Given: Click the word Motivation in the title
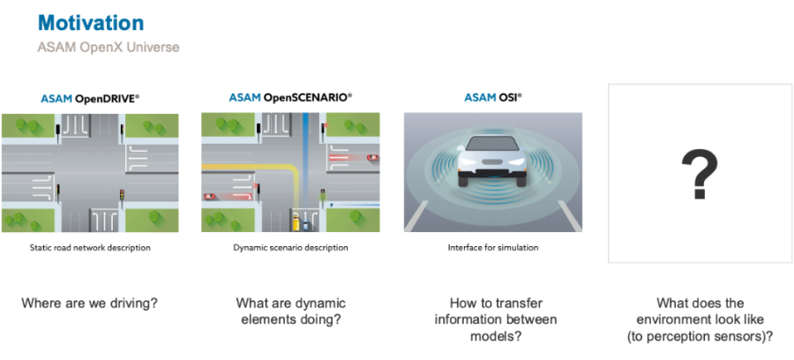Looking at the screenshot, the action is (91, 23).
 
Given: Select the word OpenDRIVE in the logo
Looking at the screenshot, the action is (106, 99).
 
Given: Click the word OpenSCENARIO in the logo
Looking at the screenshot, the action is (306, 97).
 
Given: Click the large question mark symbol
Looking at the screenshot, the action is (700, 174).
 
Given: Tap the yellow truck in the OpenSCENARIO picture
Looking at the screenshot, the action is (296, 221).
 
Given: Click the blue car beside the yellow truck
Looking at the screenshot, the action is (305, 223).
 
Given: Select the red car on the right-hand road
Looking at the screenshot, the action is (372, 157).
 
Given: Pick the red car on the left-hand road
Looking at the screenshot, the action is (208, 196).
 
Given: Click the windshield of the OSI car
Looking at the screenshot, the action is (492, 144).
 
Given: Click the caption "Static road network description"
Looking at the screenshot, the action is (90, 248).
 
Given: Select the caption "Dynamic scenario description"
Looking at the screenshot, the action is (290, 248).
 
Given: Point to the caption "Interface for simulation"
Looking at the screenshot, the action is (492, 248).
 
